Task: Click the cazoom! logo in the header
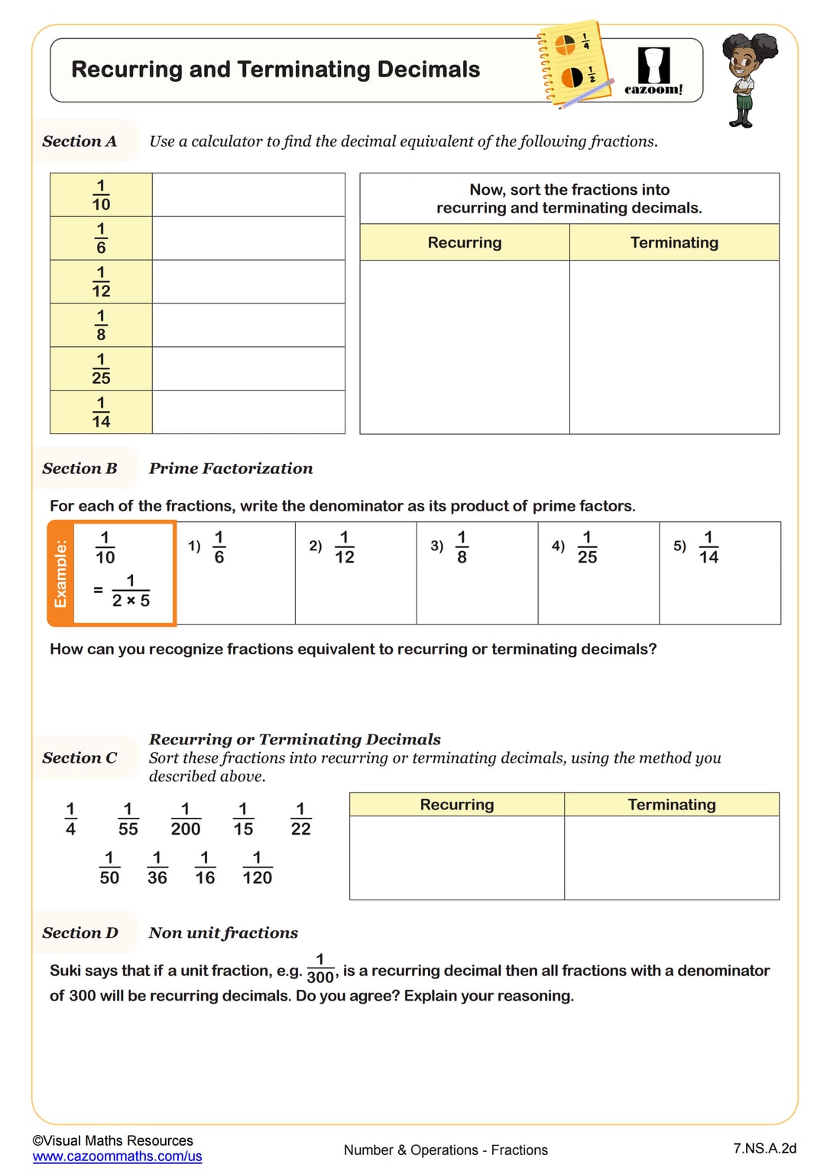[x=653, y=71]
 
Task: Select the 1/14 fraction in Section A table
[x=101, y=412]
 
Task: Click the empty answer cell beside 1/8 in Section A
[x=248, y=325]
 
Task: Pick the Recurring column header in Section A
[x=464, y=242]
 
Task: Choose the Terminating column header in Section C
[x=671, y=804]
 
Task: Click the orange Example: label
[x=60, y=573]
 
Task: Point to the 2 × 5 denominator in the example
[x=131, y=601]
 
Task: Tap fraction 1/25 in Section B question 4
[x=587, y=547]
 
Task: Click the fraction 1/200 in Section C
[x=185, y=819]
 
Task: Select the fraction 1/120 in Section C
[x=257, y=868]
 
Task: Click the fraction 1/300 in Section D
[x=320, y=968]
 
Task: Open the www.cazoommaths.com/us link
[x=117, y=1156]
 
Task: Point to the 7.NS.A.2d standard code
[x=764, y=1148]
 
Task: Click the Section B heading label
[x=79, y=469]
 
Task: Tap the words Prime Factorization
[x=231, y=469]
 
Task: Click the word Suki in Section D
[x=65, y=971]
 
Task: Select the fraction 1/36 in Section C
[x=157, y=868]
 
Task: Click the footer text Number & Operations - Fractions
[x=446, y=1150]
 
